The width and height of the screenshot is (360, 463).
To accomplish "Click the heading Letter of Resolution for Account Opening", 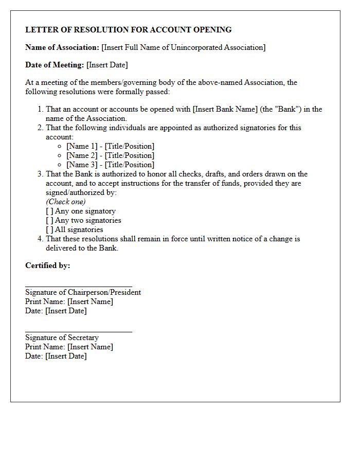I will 129,30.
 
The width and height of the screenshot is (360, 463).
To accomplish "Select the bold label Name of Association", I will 62,47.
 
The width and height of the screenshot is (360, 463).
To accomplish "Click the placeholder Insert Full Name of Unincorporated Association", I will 184,47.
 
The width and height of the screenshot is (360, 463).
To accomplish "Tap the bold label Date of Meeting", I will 55,65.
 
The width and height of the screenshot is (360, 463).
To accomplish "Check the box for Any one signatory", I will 49,211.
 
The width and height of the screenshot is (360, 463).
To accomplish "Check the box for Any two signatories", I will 49,220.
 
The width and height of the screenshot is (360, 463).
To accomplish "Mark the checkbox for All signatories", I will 49,229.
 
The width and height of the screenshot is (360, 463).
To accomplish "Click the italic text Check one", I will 66,202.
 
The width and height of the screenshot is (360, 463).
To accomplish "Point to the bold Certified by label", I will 48,265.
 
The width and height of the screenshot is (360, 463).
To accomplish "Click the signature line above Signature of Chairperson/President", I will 79,286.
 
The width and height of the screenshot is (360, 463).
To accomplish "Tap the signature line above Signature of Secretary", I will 79,331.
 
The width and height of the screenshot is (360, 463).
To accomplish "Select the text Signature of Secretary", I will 62,337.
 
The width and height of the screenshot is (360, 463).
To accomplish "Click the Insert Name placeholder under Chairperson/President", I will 90,301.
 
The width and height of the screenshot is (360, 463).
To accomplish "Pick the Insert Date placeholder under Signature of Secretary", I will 66,356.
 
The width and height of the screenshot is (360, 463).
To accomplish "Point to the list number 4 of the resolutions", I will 40,239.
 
